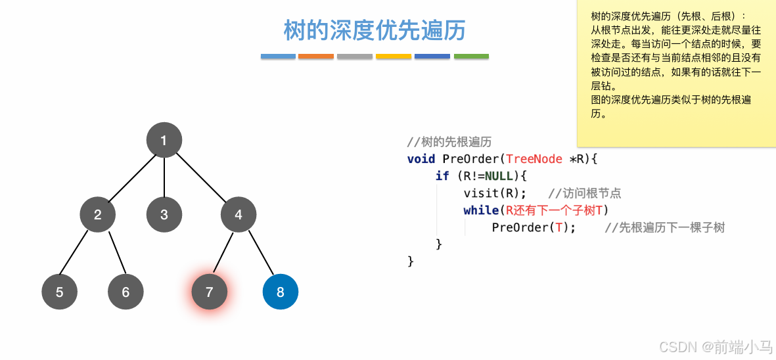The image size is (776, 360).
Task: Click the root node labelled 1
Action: point(164,140)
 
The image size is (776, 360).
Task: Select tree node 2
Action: point(98,214)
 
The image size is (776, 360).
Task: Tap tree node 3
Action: point(164,214)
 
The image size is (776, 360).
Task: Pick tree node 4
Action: point(239,214)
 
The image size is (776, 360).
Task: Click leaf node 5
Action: point(59,292)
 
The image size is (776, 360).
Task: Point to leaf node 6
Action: point(126,292)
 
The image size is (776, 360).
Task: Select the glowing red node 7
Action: point(210,292)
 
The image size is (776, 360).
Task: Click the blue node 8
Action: point(281,292)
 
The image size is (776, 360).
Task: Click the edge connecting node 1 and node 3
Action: point(164,177)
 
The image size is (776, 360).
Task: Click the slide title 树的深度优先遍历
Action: point(375,30)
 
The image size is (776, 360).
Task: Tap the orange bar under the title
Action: point(316,56)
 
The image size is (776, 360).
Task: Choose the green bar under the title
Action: point(471,56)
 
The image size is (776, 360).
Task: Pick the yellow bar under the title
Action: point(394,56)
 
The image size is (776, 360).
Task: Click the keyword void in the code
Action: point(421,159)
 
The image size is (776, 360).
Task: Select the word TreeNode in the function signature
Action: point(534,159)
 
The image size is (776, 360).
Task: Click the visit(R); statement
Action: point(495,193)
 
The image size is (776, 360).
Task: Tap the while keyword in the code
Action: point(481,210)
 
